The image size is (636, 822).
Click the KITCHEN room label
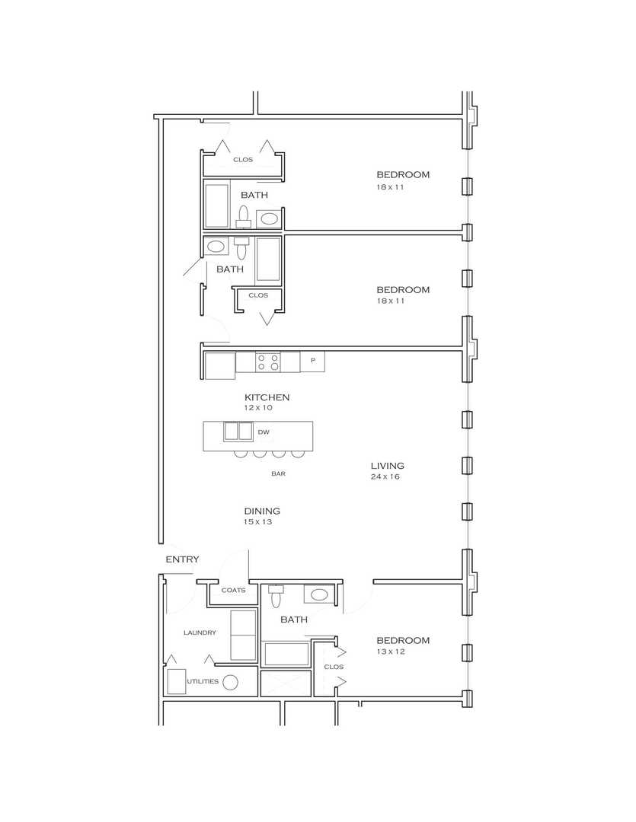coord(267,397)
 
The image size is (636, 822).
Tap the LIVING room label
coord(387,466)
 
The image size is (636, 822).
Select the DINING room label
coord(262,511)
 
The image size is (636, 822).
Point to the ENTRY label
coord(182,559)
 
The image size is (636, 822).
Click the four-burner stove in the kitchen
coord(267,362)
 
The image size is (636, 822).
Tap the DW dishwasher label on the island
coord(264,432)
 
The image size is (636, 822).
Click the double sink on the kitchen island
coord(238,431)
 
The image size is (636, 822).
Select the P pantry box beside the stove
coord(313,362)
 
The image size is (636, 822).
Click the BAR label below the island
coord(278,473)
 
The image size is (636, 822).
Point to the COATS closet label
coord(234,591)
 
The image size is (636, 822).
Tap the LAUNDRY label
coord(200,632)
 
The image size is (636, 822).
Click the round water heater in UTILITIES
coord(230,682)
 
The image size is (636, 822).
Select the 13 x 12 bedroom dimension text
coord(391,652)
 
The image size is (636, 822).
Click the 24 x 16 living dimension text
coord(385,476)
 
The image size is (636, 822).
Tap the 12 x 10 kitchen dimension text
coord(258,407)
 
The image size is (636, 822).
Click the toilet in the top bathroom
coord(244,216)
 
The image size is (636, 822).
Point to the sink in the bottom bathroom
coord(319,594)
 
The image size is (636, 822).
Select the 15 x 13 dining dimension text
coord(257,521)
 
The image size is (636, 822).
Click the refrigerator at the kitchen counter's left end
coord(220,365)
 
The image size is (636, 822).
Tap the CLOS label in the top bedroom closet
coord(243,159)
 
